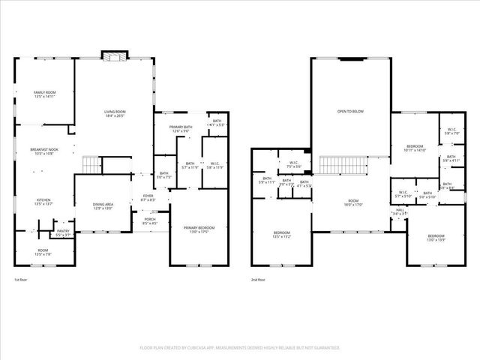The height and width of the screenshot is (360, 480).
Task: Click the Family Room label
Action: tap(43, 94)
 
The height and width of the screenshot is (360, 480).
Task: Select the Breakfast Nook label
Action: tap(43, 151)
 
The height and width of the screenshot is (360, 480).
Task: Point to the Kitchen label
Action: tap(43, 201)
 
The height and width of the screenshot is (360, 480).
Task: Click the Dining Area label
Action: tap(102, 205)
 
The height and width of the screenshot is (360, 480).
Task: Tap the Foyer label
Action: tap(148, 198)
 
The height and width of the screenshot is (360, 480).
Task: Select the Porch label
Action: tap(149, 221)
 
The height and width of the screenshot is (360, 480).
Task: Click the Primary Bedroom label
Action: tap(199, 229)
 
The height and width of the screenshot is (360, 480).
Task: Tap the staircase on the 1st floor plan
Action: tap(91, 163)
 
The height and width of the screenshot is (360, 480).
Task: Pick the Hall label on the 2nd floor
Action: tap(400, 213)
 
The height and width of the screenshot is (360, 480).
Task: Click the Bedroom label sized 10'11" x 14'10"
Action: tap(415, 148)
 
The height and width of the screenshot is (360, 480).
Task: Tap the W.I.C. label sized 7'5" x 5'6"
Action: tap(292, 164)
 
